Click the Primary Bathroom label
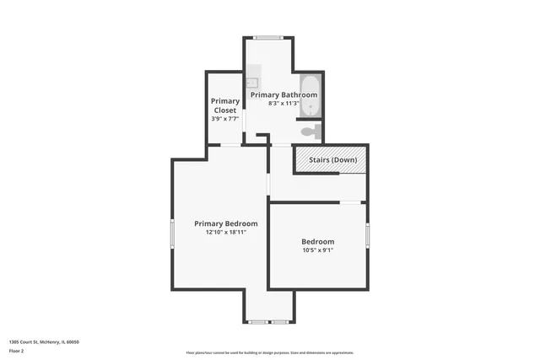283,94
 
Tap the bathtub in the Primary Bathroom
310,99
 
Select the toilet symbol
310,131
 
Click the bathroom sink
251,83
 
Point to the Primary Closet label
224,105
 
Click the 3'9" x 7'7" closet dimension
224,119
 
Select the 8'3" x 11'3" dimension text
283,104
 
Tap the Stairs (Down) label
332,160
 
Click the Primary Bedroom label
219,223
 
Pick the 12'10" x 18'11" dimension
219,233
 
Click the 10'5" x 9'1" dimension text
318,250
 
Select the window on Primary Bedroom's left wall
172,234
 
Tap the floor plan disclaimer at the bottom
270,352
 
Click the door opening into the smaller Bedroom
351,201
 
